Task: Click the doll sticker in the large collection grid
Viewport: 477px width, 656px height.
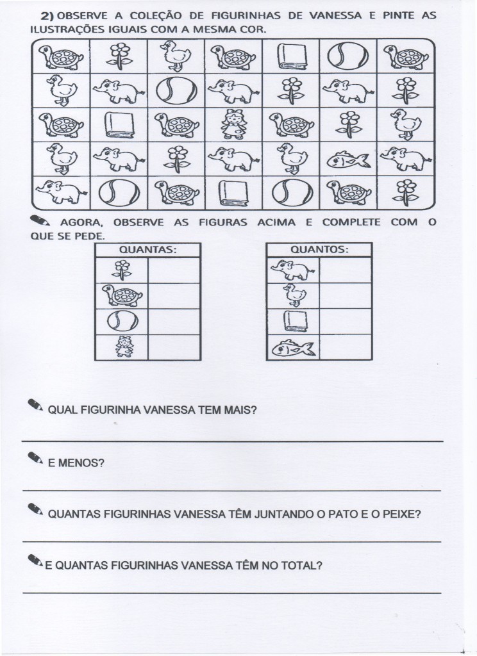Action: click(233, 124)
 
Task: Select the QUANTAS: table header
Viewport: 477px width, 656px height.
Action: click(147, 250)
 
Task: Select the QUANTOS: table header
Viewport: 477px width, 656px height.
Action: click(319, 250)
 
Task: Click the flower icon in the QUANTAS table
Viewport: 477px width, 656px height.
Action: click(121, 270)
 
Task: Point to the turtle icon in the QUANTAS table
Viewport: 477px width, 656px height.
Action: click(121, 295)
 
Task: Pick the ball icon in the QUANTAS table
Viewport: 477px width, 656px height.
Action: click(121, 321)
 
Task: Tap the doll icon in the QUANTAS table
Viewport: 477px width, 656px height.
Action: click(121, 347)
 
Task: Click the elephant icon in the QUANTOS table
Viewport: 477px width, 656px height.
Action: click(293, 270)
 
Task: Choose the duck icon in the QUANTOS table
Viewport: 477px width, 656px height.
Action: click(292, 295)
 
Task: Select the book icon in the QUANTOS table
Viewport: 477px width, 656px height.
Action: click(293, 321)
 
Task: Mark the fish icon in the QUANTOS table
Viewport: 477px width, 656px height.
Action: click(293, 347)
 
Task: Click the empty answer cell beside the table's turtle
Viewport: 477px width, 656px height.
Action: click(174, 295)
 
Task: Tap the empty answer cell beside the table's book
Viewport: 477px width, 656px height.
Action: click(346, 321)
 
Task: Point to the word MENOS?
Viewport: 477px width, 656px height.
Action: click(76, 463)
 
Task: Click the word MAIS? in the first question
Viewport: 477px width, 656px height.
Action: click(243, 411)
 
